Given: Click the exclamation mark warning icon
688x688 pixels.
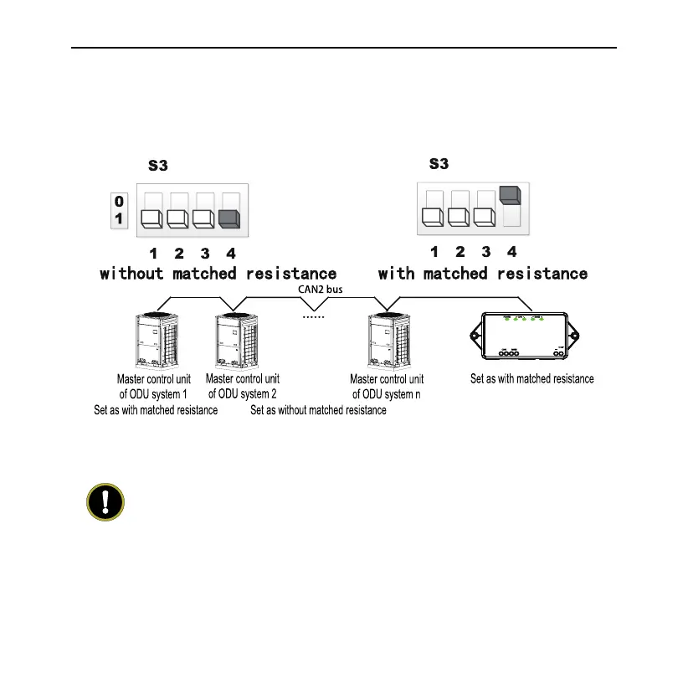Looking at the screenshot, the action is click(105, 503).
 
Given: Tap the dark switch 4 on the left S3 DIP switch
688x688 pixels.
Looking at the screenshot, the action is click(228, 218).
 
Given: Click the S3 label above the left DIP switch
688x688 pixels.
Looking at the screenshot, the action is click(158, 166).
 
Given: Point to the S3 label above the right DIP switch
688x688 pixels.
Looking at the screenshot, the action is click(439, 163).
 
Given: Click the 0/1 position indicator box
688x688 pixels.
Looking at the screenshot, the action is click(119, 210).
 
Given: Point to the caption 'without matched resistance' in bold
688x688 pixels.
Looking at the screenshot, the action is click(218, 274).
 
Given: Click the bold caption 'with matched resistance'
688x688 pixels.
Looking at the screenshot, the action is click(483, 274).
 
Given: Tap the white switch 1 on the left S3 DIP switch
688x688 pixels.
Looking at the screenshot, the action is click(151, 218).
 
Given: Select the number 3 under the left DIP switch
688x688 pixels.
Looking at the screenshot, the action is click(204, 253).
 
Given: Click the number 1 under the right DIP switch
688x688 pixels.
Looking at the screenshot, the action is click(434, 251).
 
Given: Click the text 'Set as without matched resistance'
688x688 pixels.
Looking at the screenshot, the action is click(318, 410).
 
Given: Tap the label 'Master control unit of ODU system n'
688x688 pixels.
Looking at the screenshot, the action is click(387, 387).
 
